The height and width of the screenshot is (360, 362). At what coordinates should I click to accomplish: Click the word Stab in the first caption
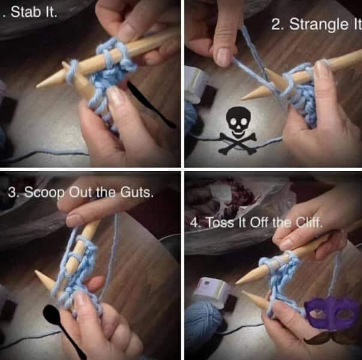click(x=25, y=12)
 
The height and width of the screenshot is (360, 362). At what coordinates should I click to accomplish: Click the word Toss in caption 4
click(x=220, y=223)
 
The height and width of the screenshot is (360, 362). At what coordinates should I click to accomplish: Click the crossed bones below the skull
click(x=238, y=143)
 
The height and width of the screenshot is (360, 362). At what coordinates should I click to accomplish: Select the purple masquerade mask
click(x=330, y=312)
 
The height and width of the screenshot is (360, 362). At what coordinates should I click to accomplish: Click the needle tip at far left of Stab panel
click(x=37, y=87)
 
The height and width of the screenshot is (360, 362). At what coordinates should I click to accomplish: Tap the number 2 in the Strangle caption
click(x=276, y=24)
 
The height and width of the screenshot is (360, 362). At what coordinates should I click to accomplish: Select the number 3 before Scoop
click(x=11, y=192)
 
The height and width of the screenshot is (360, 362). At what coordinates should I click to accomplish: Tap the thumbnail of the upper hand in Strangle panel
click(x=223, y=56)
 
